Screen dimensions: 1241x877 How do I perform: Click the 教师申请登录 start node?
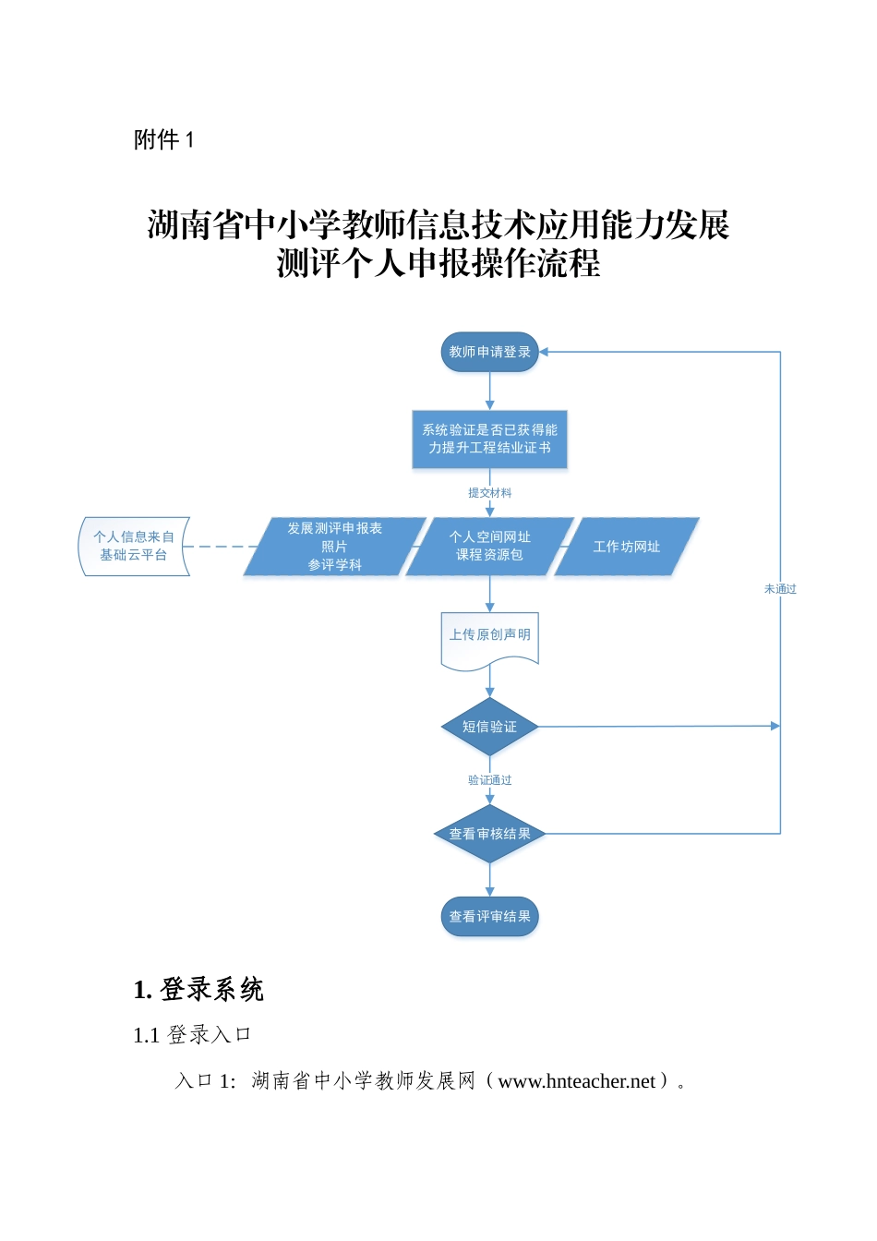(489, 352)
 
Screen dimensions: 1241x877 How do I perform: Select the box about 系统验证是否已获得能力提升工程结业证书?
(489, 439)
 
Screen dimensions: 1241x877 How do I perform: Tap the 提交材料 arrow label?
(489, 493)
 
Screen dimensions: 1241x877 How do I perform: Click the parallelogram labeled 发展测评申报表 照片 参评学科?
(334, 547)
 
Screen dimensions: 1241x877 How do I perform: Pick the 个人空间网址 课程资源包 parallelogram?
(489, 546)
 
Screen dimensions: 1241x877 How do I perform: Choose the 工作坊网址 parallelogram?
(626, 547)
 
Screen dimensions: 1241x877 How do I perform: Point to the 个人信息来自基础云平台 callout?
(134, 546)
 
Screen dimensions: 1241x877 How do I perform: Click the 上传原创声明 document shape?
(489, 637)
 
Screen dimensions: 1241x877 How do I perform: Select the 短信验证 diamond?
(489, 727)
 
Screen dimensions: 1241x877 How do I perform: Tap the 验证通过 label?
(489, 780)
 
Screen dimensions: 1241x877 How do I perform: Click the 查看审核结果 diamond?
(489, 834)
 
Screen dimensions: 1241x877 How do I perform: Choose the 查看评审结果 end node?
(489, 917)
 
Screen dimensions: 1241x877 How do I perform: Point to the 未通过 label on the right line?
(780, 589)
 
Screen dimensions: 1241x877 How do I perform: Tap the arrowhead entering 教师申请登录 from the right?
(545, 352)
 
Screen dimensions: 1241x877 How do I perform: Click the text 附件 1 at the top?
(163, 139)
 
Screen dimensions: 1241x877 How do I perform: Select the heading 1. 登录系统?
(198, 989)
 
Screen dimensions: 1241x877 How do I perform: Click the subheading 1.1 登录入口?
(192, 1035)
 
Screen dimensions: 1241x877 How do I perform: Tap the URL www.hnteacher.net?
(576, 1081)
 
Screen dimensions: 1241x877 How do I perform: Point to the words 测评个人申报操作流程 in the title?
(438, 264)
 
